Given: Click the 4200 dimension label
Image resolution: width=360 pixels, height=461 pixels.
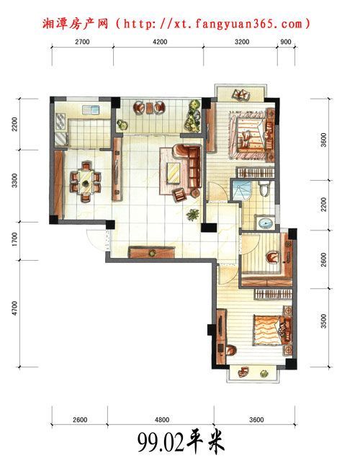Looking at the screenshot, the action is pos(160,42).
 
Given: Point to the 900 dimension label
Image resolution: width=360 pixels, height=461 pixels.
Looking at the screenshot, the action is pos(286,42).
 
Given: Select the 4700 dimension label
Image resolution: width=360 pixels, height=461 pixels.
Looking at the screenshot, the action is pos(14,308).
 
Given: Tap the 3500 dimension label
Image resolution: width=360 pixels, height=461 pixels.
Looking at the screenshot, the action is pos(323,321).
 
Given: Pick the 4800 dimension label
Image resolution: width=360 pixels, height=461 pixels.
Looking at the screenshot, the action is pos(162,419).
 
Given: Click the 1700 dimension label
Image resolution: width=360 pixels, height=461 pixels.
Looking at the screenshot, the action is pos(14,239).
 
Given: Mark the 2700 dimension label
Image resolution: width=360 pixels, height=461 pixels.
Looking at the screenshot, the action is pos(82,42).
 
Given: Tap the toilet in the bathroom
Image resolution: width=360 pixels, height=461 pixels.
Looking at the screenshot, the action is pos(264,188).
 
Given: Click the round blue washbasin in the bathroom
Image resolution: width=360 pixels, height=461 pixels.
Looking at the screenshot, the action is pos(266,223).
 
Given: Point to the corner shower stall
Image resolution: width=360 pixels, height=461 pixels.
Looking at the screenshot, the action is pos(241,190).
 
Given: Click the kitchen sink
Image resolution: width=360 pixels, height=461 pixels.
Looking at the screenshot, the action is pos(91,109).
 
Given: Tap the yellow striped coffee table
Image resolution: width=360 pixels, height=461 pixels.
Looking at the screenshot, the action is pos(173,174).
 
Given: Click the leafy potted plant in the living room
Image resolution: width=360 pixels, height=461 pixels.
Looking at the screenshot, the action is pos(193,215).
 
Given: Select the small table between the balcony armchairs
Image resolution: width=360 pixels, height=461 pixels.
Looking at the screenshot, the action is pos(150,107).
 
